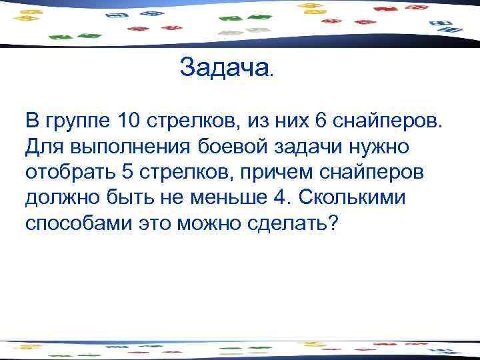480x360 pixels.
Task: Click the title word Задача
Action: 223,67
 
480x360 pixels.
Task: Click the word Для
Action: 41,147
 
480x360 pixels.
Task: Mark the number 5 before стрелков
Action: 128,172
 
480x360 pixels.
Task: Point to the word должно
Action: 61,198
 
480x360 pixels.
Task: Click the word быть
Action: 126,198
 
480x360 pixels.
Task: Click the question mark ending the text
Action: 333,223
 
